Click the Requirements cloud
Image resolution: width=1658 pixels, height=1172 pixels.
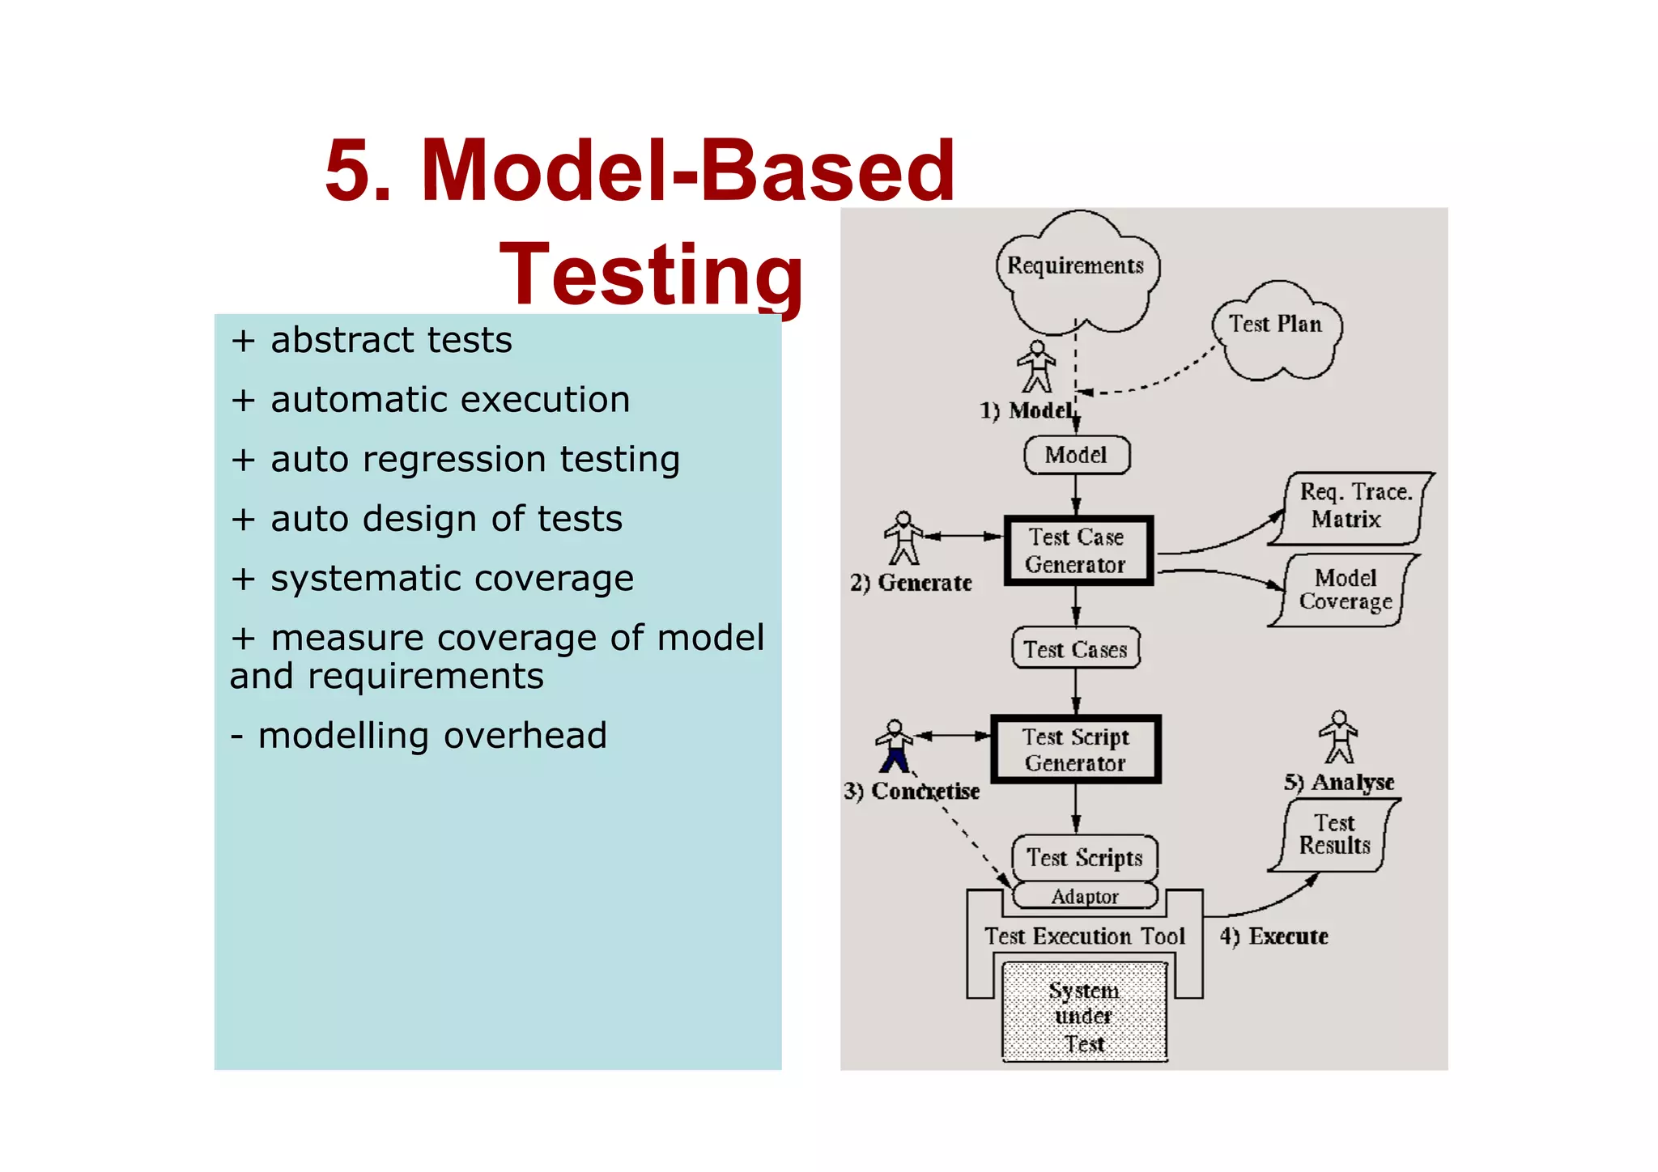1075,267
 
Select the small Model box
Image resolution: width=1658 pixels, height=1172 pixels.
1076,455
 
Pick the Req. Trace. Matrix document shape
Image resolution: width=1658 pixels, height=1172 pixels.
1350,507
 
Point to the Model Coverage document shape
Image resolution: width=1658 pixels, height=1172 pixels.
1344,590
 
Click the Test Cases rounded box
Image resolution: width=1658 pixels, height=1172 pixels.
1076,649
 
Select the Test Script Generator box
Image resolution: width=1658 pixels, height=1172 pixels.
1076,749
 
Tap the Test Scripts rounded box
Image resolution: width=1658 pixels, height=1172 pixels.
1085,857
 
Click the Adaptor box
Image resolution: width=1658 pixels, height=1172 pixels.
1085,896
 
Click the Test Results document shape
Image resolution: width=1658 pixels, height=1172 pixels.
1334,834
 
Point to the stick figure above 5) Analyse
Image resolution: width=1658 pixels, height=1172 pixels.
1339,737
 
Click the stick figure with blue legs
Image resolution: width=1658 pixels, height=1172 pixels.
895,746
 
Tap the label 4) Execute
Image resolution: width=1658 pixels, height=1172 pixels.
1273,936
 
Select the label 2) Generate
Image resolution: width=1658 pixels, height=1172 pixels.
911,583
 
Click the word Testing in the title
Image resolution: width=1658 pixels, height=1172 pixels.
652,275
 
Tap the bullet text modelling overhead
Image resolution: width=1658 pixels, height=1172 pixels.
432,736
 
